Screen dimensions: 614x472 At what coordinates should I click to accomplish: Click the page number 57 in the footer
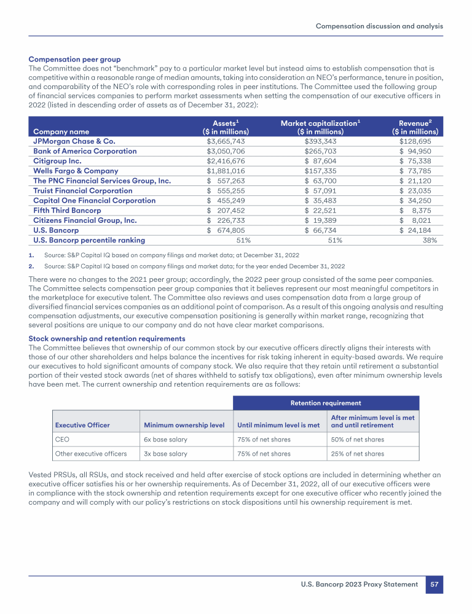434,584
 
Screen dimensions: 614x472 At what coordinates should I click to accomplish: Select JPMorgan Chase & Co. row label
74,141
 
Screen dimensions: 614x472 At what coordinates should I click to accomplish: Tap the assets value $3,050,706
225,151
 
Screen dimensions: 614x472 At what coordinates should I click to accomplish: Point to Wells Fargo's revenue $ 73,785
419,171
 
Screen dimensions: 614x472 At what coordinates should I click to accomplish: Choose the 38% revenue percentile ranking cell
430,240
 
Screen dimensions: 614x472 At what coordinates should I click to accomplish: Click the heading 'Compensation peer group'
75,60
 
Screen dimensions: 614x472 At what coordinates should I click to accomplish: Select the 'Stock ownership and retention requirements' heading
107,338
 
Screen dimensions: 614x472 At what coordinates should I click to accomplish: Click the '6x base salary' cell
165,439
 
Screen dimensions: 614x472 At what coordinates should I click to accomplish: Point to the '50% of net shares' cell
358,439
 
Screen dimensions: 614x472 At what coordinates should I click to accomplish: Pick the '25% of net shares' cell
358,454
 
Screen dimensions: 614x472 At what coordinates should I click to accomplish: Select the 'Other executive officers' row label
91,454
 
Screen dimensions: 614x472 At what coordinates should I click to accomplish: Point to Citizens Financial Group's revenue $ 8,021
419,220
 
